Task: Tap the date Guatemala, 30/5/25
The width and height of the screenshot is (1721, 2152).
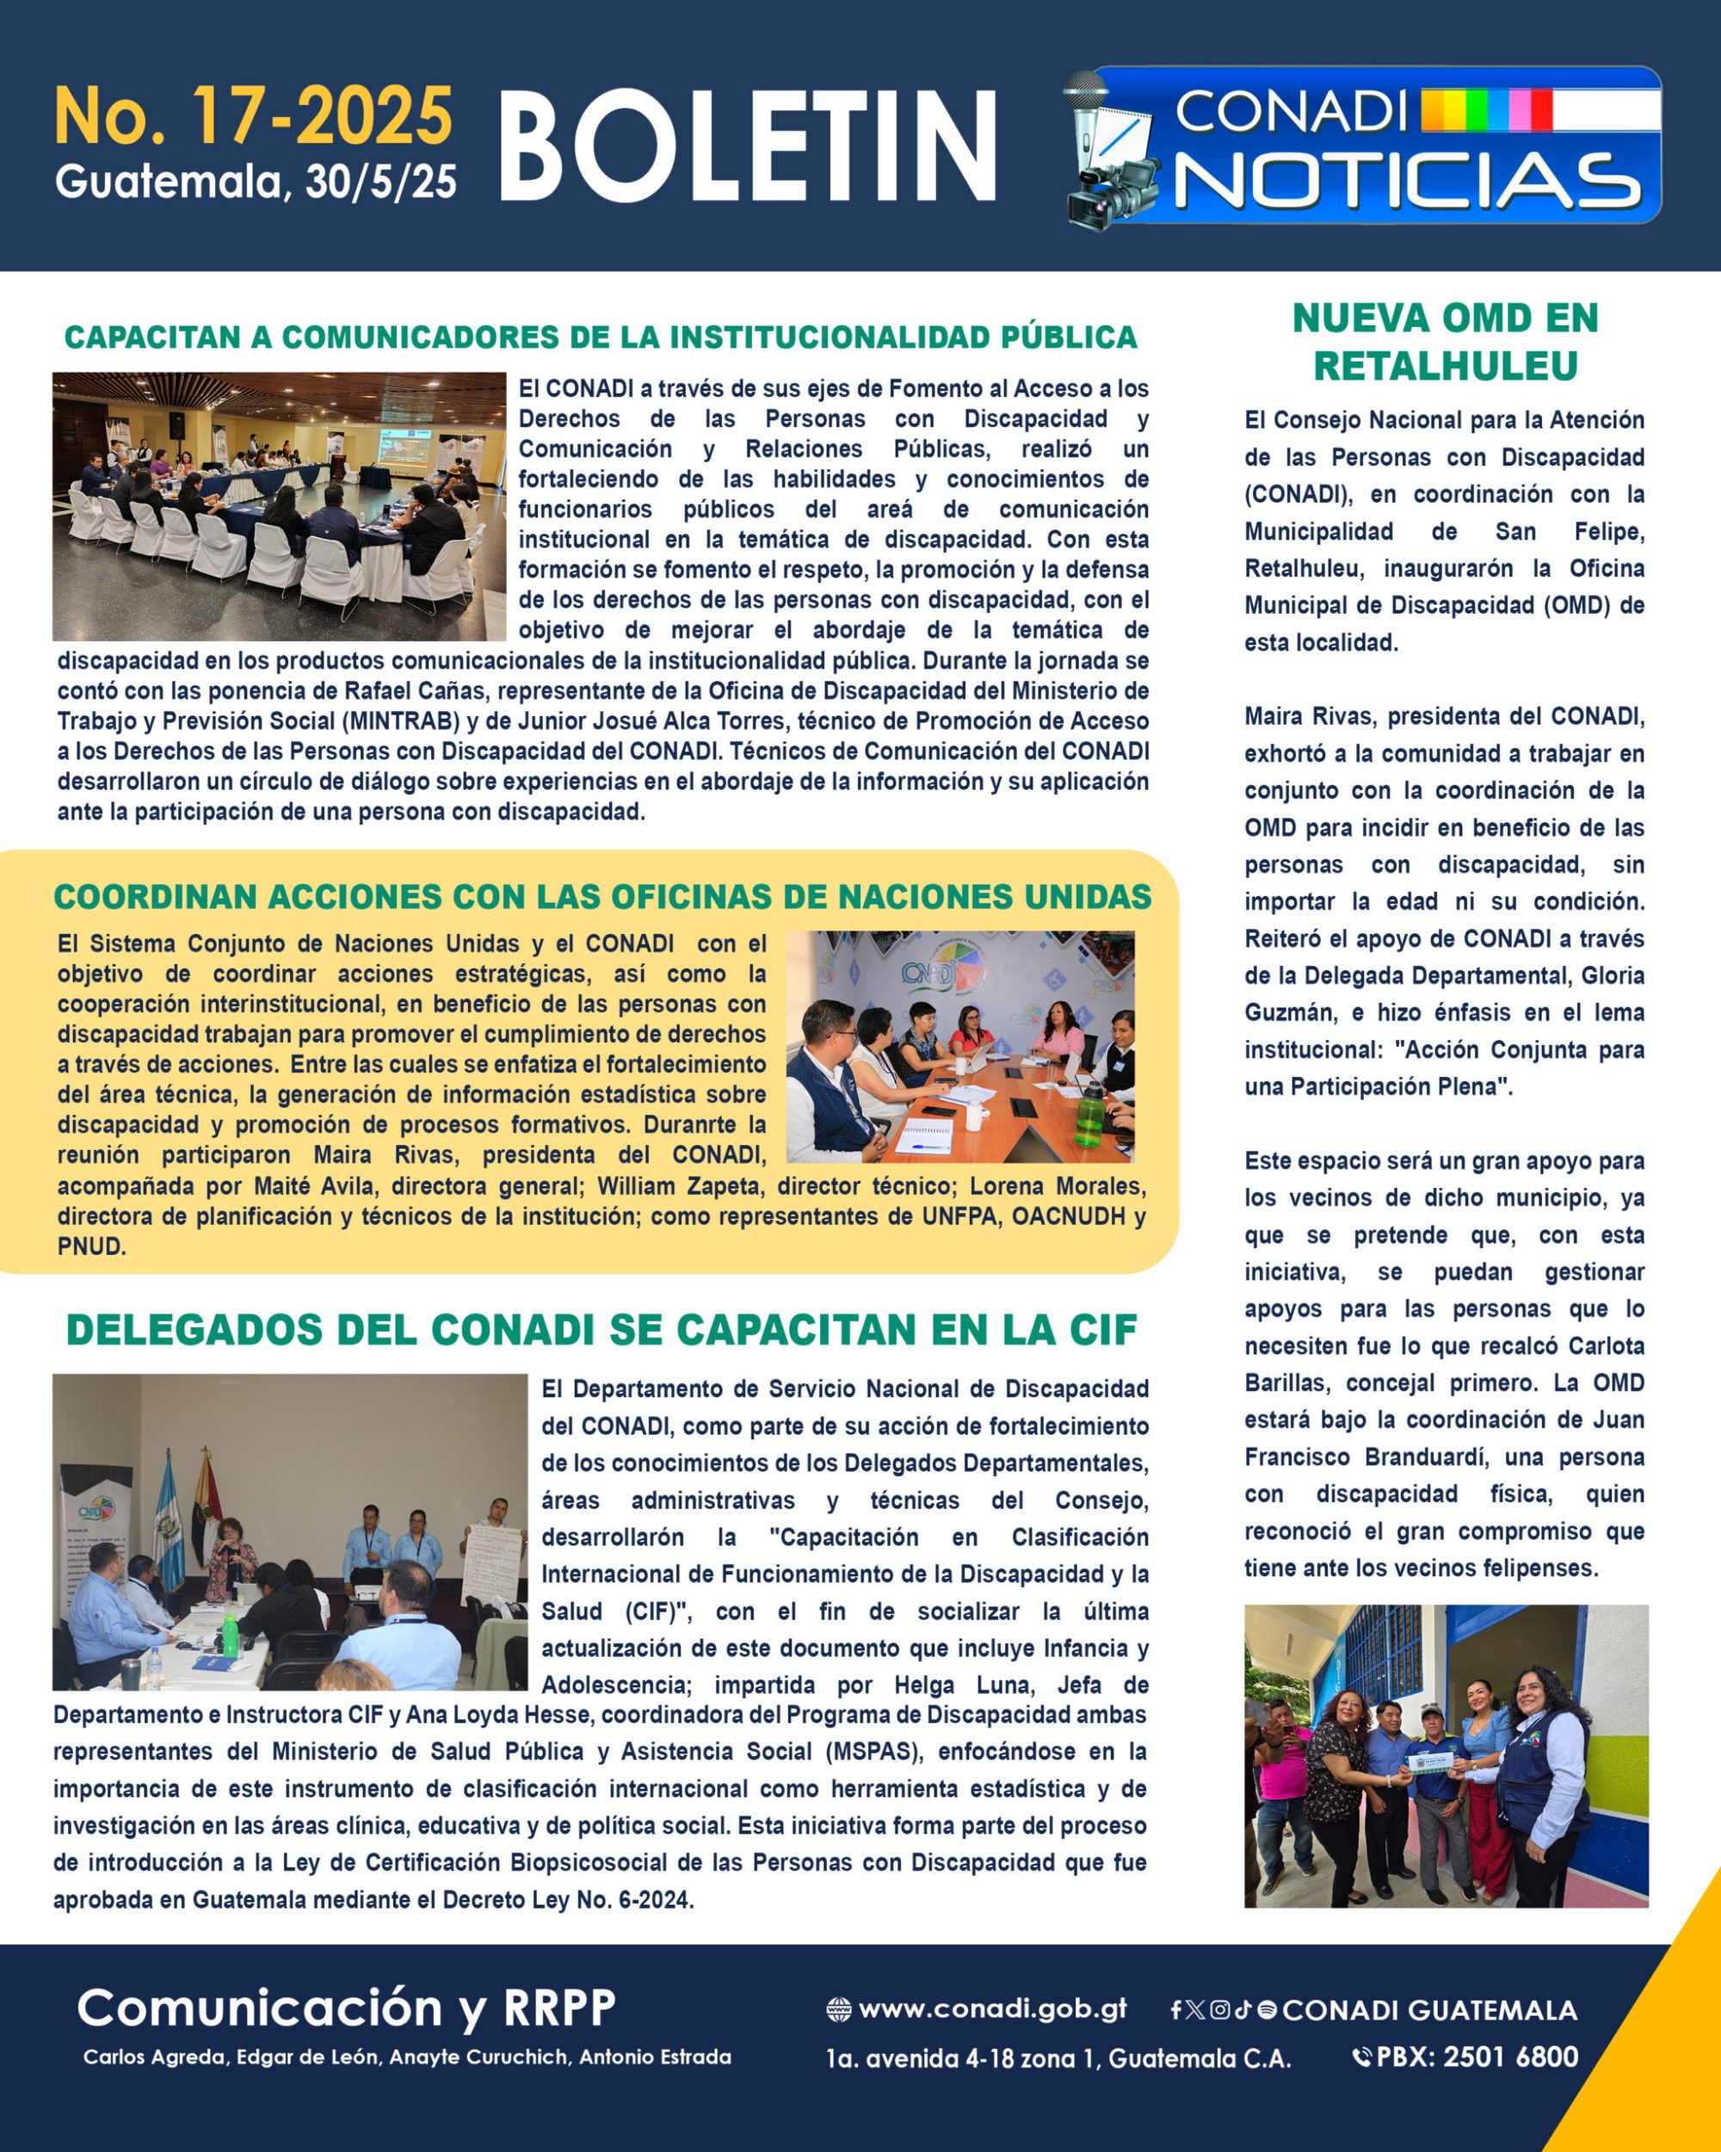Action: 256,182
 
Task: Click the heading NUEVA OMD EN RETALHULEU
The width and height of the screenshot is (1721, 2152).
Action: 1445,342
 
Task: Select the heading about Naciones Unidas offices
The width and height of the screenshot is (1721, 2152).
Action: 601,896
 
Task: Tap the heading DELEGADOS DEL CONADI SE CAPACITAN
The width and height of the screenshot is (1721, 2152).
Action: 601,1330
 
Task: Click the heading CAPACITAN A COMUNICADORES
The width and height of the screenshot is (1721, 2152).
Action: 601,337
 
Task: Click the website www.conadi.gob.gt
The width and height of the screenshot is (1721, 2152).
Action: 991,2008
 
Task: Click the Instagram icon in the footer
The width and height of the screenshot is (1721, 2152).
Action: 1219,2009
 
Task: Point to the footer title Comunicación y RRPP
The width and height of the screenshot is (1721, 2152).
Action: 346,2007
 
